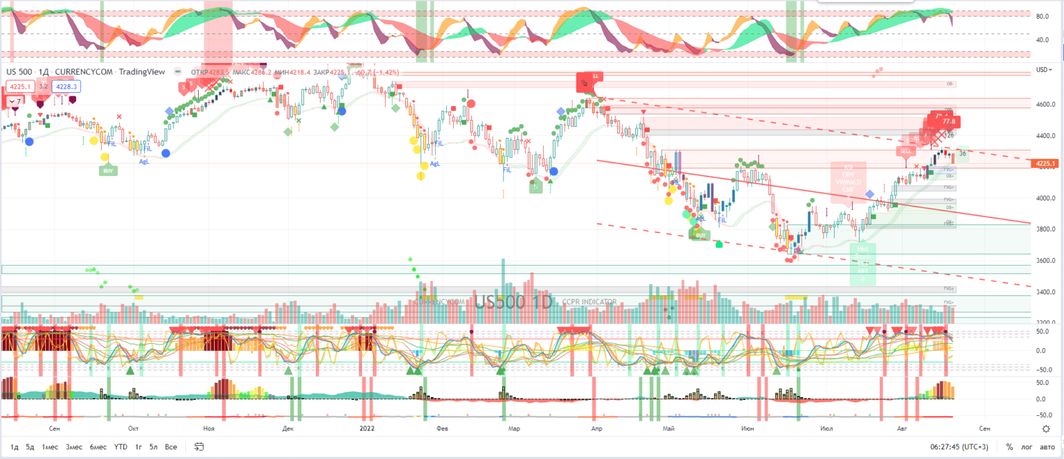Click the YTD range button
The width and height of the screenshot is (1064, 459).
click(121, 447)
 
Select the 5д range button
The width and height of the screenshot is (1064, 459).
click(30, 447)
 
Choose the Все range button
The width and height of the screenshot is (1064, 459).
click(171, 447)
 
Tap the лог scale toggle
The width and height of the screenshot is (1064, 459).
click(1027, 447)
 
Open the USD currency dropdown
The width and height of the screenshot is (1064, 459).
click(1043, 69)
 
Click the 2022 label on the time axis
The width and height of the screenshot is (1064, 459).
click(367, 428)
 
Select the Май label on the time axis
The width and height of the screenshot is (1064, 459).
click(668, 428)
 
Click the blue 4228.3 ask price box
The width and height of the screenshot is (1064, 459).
click(67, 87)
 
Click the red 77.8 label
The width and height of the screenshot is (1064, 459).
click(948, 122)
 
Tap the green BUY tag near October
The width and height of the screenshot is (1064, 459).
click(108, 170)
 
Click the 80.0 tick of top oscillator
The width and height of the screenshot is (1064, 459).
click(1041, 16)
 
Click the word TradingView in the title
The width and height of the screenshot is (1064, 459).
click(142, 71)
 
